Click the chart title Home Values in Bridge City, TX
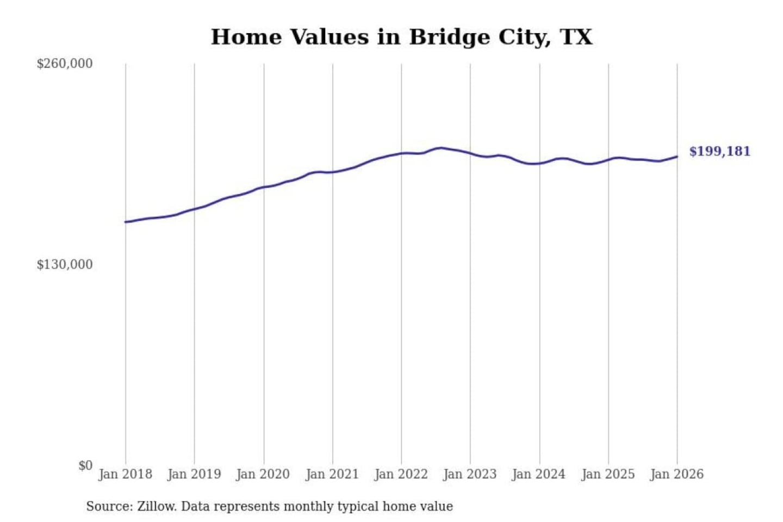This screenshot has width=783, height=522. click(x=401, y=37)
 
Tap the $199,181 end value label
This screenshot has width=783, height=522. click(x=719, y=151)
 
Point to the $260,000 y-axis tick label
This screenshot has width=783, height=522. click(x=65, y=64)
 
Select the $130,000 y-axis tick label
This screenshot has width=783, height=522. click(x=65, y=265)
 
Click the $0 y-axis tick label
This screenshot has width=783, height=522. click(x=85, y=465)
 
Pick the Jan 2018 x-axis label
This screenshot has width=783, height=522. click(x=126, y=474)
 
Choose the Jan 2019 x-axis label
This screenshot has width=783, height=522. click(x=194, y=474)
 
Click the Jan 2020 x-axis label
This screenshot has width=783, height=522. click(x=263, y=474)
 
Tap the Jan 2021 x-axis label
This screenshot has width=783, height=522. click(x=332, y=474)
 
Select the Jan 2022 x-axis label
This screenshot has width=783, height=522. click(x=401, y=474)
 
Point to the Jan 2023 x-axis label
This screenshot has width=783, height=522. click(x=470, y=474)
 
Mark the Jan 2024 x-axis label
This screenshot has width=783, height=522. click(x=539, y=474)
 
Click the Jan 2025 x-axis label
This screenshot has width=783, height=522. click(x=608, y=474)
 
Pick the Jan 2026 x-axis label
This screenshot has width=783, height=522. click(x=677, y=474)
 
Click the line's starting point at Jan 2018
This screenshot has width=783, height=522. click(x=126, y=222)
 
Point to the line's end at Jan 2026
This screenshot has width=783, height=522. click(x=677, y=157)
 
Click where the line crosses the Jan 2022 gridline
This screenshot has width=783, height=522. click(x=402, y=153)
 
